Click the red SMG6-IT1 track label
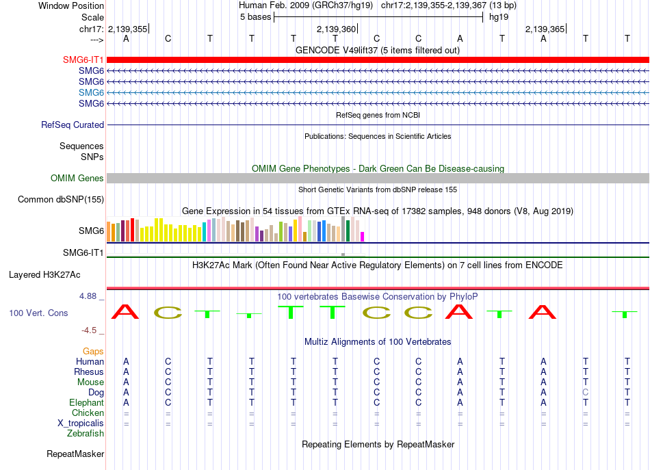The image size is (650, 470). [x=83, y=60]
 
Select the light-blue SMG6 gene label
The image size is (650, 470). [x=91, y=92]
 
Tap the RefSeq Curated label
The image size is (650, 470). [x=73, y=125]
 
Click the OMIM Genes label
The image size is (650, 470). [x=77, y=179]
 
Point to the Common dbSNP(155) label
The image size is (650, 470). [x=61, y=199]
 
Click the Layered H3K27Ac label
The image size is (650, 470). [x=44, y=275]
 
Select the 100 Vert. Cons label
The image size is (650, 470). [x=38, y=313]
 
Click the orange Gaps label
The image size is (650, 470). [x=93, y=352]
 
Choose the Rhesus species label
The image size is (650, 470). [x=89, y=371]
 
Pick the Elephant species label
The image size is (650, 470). [x=86, y=402]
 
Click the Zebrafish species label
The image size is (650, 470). [x=86, y=433]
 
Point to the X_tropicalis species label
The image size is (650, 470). [x=81, y=423]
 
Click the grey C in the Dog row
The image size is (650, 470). [x=585, y=392]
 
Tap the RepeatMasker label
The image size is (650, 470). [x=75, y=454]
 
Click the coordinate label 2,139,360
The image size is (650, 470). [x=336, y=29]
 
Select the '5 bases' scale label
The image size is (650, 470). [x=255, y=17]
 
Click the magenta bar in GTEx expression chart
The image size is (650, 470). [x=363, y=237]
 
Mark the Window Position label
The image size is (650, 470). [x=71, y=5]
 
